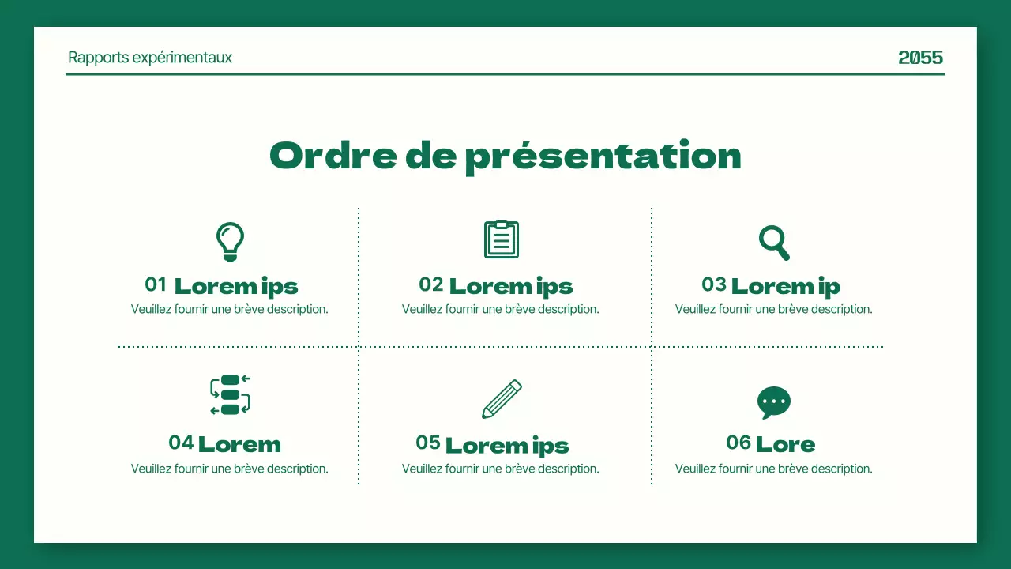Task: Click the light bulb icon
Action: tap(230, 242)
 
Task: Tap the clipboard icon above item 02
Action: tap(502, 239)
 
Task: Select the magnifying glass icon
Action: tap(774, 243)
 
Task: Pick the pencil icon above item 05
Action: tap(502, 399)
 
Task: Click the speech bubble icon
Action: tap(774, 403)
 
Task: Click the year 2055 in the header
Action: tap(921, 58)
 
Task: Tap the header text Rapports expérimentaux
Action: tap(150, 58)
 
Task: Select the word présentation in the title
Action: tap(603, 156)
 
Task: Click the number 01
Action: tap(156, 284)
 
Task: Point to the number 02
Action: tap(430, 284)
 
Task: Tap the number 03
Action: tap(713, 284)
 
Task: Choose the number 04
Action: tap(181, 443)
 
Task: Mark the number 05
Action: tap(428, 443)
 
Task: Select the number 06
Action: tap(739, 443)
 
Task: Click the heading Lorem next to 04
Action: tap(239, 444)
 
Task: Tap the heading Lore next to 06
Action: tap(785, 444)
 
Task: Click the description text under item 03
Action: tap(773, 309)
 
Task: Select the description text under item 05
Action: tap(500, 469)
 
